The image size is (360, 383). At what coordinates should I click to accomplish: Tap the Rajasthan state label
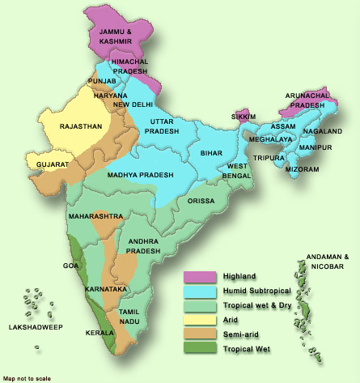click(79, 126)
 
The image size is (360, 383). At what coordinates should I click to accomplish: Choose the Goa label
click(70, 266)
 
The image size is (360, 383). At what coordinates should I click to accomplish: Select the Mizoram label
click(303, 169)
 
